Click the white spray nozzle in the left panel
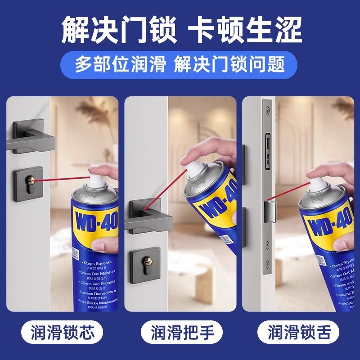96,180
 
